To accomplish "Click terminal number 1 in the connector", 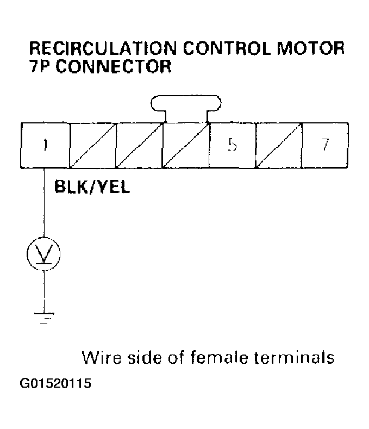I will [x=45, y=145].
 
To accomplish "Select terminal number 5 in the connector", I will [x=232, y=145].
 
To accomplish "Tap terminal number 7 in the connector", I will [x=325, y=145].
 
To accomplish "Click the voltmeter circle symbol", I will [x=43, y=253].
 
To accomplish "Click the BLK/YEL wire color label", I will [x=92, y=189].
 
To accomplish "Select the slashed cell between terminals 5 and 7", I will [x=279, y=145].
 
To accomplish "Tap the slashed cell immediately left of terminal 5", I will [x=186, y=145].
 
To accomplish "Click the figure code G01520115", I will [x=55, y=384].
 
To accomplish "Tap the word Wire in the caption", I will [x=101, y=358].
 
